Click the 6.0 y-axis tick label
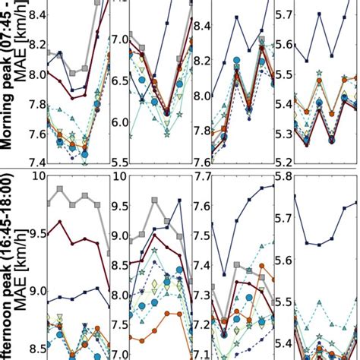tap(122, 122)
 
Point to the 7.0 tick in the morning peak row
tap(122, 39)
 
